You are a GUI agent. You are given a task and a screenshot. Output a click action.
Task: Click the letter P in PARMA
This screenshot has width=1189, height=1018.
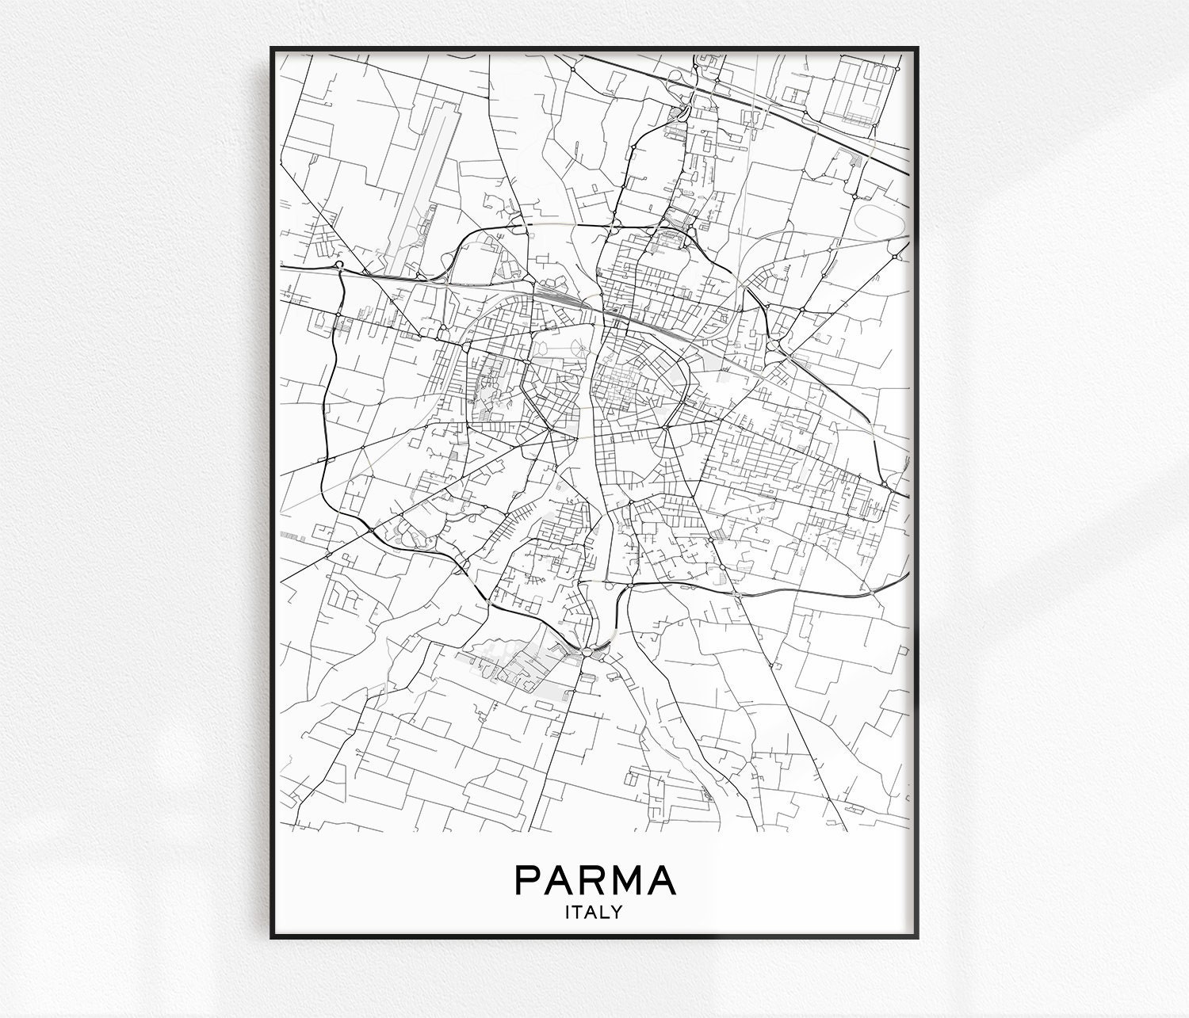pyautogui.click(x=530, y=881)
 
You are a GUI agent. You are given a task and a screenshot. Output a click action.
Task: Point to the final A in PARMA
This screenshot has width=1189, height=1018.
pyautogui.click(x=662, y=881)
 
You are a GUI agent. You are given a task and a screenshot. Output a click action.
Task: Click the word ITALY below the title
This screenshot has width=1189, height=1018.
pyautogui.click(x=593, y=913)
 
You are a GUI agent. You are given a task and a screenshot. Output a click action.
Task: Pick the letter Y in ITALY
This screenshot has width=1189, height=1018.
pyautogui.click(x=616, y=913)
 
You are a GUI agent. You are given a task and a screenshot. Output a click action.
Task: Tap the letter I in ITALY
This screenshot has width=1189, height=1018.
pyautogui.click(x=568, y=913)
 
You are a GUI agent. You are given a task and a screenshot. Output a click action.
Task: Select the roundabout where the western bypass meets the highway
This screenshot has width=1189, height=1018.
pyautogui.click(x=339, y=265)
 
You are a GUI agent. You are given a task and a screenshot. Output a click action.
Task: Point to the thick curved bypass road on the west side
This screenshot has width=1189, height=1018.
pyautogui.click(x=326, y=412)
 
